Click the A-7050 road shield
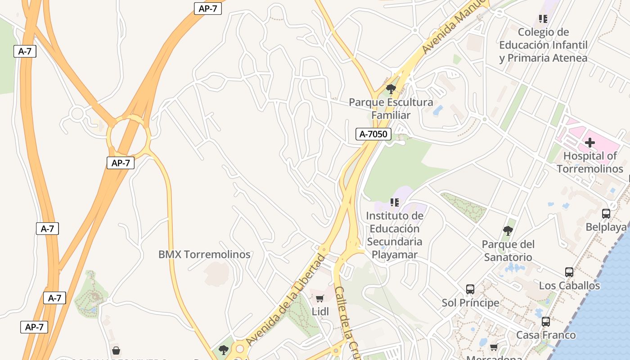click(x=373, y=134)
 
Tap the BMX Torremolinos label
click(x=204, y=254)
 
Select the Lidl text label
click(x=320, y=311)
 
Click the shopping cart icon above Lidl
click(x=320, y=299)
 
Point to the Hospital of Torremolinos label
click(x=590, y=162)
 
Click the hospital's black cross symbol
click(x=590, y=143)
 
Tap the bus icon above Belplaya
click(x=606, y=214)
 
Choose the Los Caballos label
click(x=569, y=285)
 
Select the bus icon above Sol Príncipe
click(x=470, y=289)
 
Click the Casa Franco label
click(x=546, y=335)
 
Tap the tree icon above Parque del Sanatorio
click(x=508, y=231)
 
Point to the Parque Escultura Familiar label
click(x=391, y=108)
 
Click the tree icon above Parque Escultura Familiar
click(x=391, y=89)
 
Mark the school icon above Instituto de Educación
click(x=395, y=202)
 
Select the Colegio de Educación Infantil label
click(x=543, y=45)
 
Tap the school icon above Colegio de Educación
click(x=543, y=19)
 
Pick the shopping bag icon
click(x=116, y=350)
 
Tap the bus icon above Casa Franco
click(x=546, y=322)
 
